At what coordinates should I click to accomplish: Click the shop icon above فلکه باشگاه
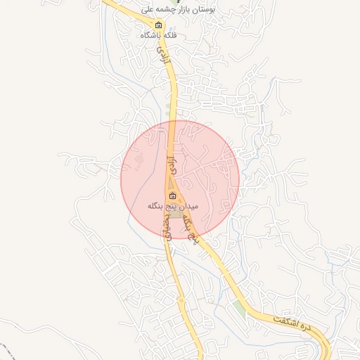158,25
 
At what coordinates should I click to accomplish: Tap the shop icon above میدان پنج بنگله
173,196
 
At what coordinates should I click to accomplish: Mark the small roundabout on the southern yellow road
182,301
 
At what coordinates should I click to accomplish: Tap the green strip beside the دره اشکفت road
243,308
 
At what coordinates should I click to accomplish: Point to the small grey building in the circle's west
139,162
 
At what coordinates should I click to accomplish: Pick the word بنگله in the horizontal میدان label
156,207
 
